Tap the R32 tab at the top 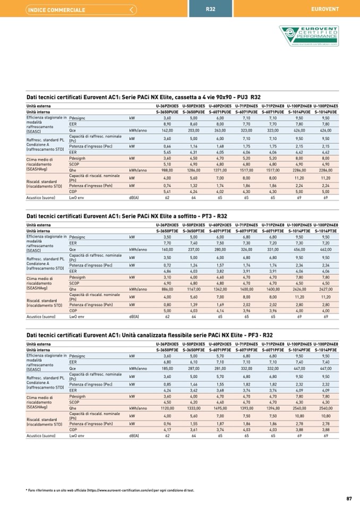coord(210,10)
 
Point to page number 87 coord(349,498)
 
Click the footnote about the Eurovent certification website coord(110,490)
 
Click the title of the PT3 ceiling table coord(127,216)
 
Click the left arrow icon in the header coord(132,10)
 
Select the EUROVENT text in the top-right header coord(326,10)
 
